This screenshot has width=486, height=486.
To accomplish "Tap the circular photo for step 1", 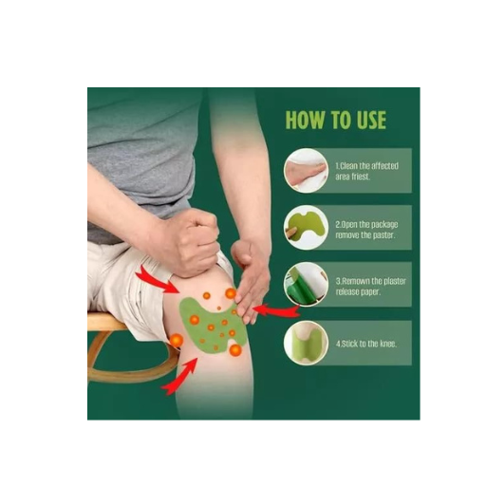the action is click(x=306, y=171).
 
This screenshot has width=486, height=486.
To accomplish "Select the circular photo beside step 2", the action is click(x=306, y=227).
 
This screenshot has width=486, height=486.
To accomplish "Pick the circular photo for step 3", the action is click(x=306, y=284).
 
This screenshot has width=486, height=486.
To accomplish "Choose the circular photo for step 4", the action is click(x=306, y=343).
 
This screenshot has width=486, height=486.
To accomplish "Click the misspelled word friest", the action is click(x=361, y=177).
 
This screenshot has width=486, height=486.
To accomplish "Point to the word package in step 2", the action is click(x=384, y=225).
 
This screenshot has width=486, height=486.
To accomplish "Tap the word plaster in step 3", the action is click(x=394, y=281).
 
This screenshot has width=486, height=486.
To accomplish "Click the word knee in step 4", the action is click(x=387, y=344).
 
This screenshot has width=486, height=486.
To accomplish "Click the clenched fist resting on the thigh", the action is click(x=192, y=241).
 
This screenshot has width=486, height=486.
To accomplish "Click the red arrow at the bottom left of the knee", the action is click(x=180, y=377).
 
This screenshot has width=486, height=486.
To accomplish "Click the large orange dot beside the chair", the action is click(x=177, y=341).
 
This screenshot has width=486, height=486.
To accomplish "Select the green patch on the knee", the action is click(x=211, y=326).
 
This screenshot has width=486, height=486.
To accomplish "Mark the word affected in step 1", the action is click(x=384, y=165).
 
